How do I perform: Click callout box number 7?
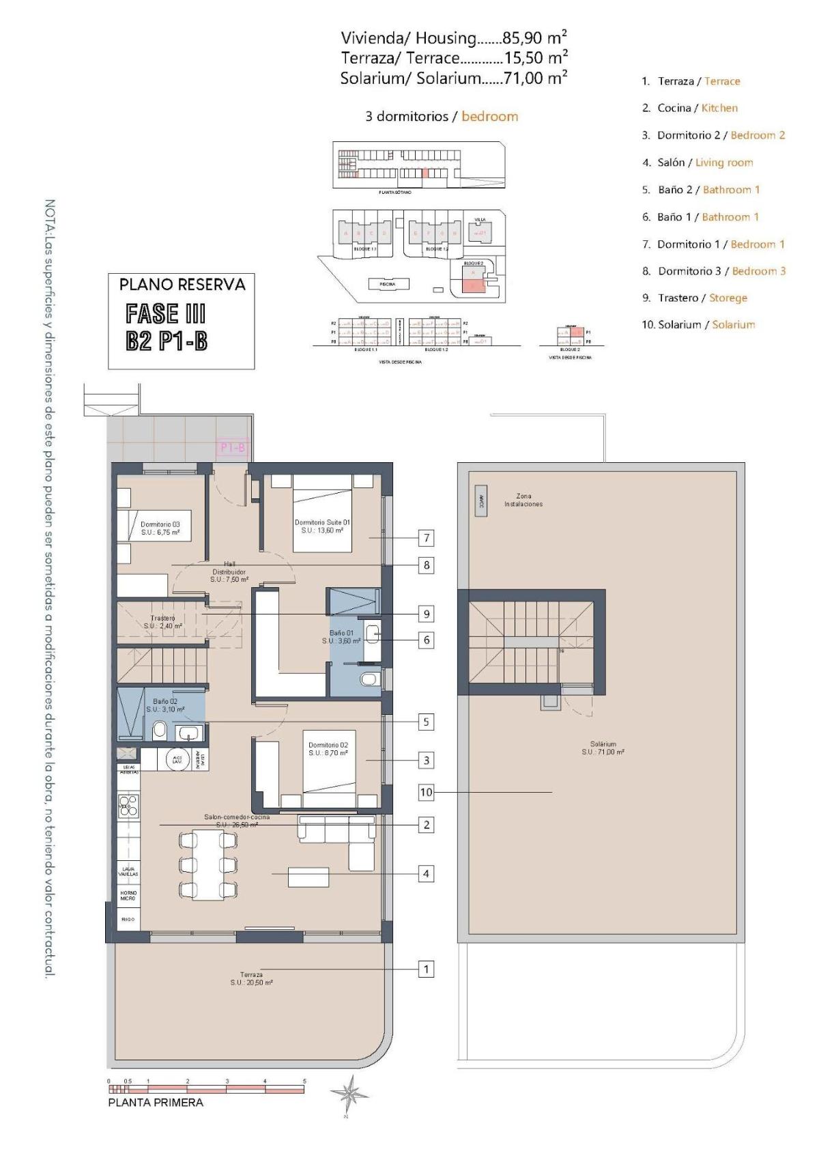pos(426,538)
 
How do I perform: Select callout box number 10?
pos(426,792)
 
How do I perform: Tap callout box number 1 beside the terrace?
pos(426,969)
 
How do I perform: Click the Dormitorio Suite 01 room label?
pos(322,526)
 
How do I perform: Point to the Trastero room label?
pos(163,621)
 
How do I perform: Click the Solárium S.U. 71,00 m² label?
pos(603,748)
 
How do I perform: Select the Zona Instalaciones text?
pos(523,500)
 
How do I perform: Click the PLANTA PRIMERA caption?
pos(156,1102)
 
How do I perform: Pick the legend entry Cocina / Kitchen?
pos(689,108)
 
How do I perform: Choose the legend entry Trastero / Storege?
pos(694,298)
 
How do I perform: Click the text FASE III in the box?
pos(165,313)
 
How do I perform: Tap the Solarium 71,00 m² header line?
pos(453,78)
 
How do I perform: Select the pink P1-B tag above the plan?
pos(232,448)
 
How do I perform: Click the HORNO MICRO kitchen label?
pos(128,896)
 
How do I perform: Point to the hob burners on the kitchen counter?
pos(128,806)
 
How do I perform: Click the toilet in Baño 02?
pos(160,730)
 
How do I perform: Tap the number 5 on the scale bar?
pos(304,1081)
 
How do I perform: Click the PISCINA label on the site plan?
pos(388,284)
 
